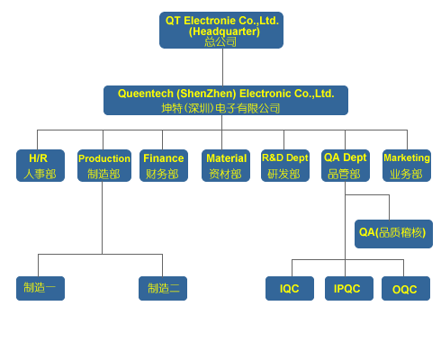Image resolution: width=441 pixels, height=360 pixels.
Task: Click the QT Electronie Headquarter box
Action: coord(221,30)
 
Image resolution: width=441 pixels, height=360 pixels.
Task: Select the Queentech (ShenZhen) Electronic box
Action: coord(226,100)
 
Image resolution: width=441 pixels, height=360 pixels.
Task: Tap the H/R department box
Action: coord(40,166)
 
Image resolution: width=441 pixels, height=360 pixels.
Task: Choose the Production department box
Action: coord(104,166)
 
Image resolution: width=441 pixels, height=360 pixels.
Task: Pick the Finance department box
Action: coord(164,166)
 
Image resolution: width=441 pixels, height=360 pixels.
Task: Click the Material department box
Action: coord(226,166)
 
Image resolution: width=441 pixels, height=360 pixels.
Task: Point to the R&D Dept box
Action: coord(285,166)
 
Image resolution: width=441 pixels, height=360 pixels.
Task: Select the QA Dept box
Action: coord(346,166)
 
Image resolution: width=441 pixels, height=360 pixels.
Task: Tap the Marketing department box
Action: coord(407,166)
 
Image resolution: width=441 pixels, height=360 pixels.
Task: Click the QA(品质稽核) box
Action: coord(393,234)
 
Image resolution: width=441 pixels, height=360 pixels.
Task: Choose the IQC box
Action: coord(290,288)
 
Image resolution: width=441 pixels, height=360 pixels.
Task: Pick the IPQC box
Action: coord(349,288)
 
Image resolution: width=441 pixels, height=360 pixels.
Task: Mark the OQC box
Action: coord(406,288)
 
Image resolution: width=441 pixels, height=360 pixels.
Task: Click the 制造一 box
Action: coord(40,288)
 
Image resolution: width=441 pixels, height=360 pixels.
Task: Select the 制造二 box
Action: coord(163,288)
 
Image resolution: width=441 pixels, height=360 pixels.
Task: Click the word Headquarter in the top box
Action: coord(224,31)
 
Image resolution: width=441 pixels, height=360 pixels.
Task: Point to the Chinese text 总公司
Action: coord(220,41)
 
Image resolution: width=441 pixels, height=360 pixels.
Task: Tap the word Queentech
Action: coord(146,94)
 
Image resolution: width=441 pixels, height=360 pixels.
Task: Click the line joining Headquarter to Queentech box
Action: coord(222,67)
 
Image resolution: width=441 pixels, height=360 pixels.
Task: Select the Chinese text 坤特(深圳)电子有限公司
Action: coord(220,108)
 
